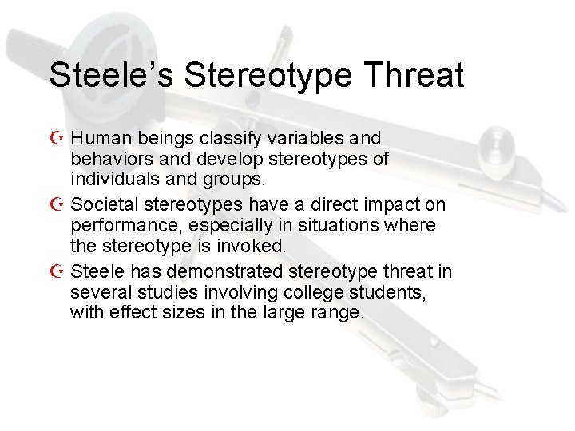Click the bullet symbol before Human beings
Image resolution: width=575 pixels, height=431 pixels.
57,139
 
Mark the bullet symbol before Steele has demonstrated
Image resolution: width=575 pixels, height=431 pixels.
57,272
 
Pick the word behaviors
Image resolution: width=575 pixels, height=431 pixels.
108,159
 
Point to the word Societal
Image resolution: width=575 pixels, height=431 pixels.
102,205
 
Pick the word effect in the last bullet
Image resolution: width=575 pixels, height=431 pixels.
130,312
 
